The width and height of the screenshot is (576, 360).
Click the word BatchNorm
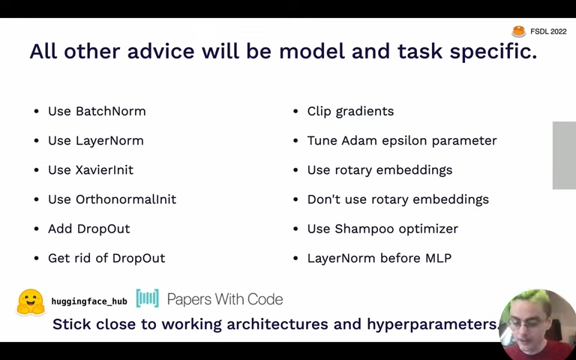point(110,111)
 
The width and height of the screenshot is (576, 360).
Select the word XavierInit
point(105,169)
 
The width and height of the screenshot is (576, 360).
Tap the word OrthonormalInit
point(126,199)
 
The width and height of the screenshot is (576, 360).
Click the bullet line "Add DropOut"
point(89,229)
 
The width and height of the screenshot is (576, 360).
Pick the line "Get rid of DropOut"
point(106,258)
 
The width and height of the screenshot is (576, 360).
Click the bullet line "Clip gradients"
point(350,111)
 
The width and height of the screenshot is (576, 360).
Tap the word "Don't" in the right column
point(322,199)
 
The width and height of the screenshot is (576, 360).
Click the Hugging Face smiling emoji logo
point(31,302)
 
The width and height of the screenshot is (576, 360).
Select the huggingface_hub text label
point(89,301)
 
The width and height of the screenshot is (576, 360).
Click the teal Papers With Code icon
point(147,298)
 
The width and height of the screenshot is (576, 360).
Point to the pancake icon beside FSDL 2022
point(519,31)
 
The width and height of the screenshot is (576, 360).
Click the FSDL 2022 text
point(548,31)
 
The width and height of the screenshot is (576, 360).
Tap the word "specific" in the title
point(493,52)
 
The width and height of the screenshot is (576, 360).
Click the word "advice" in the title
point(161,51)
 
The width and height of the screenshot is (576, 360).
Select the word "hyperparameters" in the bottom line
point(432,324)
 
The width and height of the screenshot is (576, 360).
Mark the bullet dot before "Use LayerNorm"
point(36,141)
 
